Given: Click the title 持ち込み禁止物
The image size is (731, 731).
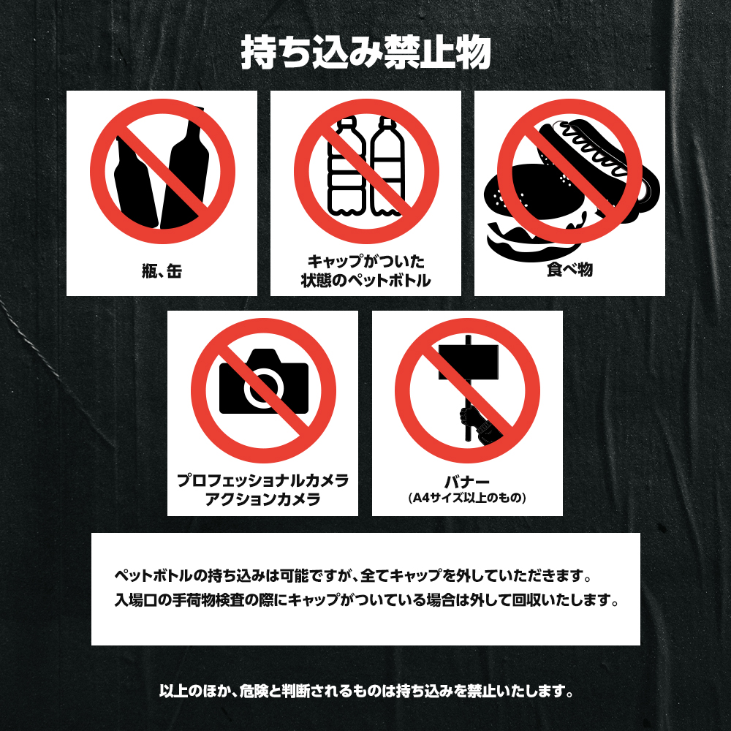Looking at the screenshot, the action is coord(365,53).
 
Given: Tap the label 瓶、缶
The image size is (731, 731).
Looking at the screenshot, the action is coord(162,271).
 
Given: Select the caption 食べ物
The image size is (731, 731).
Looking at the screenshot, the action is coord(569,270).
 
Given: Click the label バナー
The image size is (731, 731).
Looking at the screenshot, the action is coord(467,482).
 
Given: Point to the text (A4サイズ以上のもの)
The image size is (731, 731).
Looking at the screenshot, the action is coord(467,498).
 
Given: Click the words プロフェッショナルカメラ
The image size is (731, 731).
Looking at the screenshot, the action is coord(263,480).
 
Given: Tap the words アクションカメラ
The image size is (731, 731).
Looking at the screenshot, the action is coord(263,499).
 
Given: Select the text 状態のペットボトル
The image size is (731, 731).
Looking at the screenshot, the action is coord(366,280).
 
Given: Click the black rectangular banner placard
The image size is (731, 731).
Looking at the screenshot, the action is coord(468,362).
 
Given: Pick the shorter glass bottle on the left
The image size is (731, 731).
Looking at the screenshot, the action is coord(134,184).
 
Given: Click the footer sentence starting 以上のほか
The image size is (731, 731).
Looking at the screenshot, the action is coord(366,691).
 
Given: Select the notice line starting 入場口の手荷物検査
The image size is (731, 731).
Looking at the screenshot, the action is coord(366,599).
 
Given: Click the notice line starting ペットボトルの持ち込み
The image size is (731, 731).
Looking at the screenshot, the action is coord(353,576).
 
